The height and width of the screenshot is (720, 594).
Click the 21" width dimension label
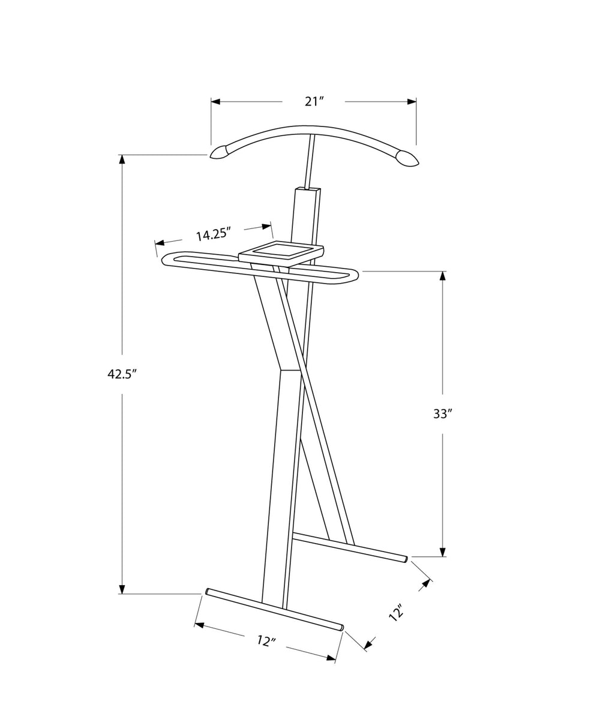click(314, 101)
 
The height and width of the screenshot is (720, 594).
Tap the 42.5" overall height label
click(122, 374)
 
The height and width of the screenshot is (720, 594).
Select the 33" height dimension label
click(443, 414)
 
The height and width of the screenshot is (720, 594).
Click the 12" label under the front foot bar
click(266, 641)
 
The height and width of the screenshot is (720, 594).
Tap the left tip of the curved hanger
click(211, 156)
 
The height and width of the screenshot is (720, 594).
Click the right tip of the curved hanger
click(417, 164)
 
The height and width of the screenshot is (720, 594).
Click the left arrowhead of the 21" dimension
click(215, 102)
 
